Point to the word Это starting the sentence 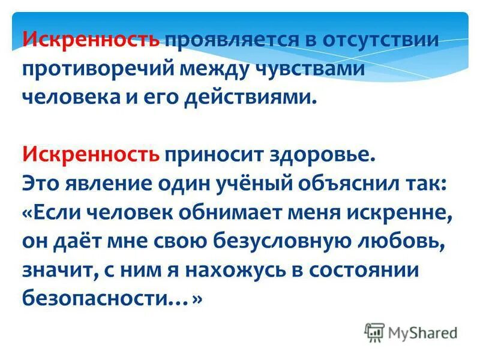point(43,181)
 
